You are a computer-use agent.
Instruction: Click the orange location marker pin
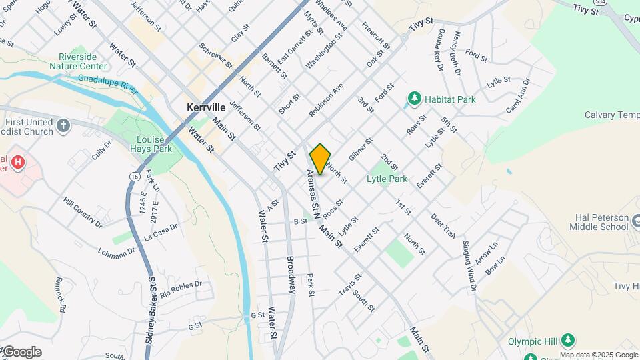point(320,159)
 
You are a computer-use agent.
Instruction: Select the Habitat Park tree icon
point(415,99)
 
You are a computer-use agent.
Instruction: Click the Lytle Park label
point(387,179)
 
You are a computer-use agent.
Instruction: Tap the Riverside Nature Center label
point(83,61)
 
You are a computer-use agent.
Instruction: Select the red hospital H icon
point(19,162)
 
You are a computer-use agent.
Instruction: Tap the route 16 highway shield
point(135,176)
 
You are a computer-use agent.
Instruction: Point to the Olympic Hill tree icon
point(567,341)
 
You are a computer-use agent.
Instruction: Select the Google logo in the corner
point(21,352)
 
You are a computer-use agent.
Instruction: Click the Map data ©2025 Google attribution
point(599,355)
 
